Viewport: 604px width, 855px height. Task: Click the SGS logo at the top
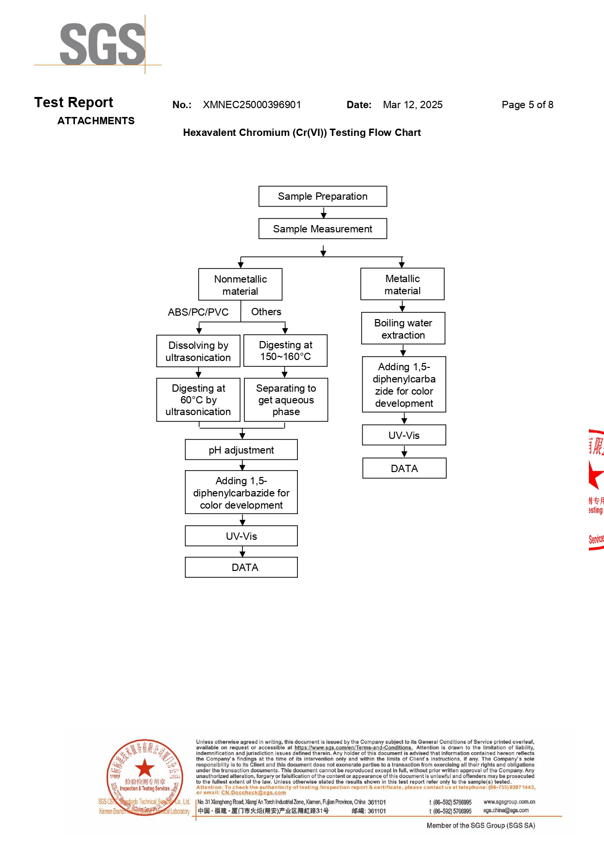102,44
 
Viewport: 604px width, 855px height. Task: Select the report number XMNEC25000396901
252,105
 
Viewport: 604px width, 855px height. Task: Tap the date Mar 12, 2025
412,105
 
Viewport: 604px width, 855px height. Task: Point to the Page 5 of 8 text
527,105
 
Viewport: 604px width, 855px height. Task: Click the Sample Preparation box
323,196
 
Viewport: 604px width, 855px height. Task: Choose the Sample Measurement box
323,229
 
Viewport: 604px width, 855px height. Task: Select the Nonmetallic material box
240,285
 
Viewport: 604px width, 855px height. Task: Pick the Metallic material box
403,284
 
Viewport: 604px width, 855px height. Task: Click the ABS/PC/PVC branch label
198,312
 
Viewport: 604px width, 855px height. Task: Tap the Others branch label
266,312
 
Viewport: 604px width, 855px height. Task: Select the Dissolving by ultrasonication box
198,351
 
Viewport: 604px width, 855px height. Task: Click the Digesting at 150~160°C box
285,351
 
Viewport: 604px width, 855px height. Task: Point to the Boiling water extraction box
403,328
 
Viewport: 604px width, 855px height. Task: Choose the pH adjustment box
241,450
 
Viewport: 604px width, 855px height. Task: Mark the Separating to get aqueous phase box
286,399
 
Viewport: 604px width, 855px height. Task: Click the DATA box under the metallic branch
404,468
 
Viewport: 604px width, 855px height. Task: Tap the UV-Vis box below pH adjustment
241,536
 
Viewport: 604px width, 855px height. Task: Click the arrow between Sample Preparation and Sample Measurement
324,213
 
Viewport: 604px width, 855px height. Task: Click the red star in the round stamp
145,768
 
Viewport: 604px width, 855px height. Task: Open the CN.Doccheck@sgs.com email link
254,793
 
